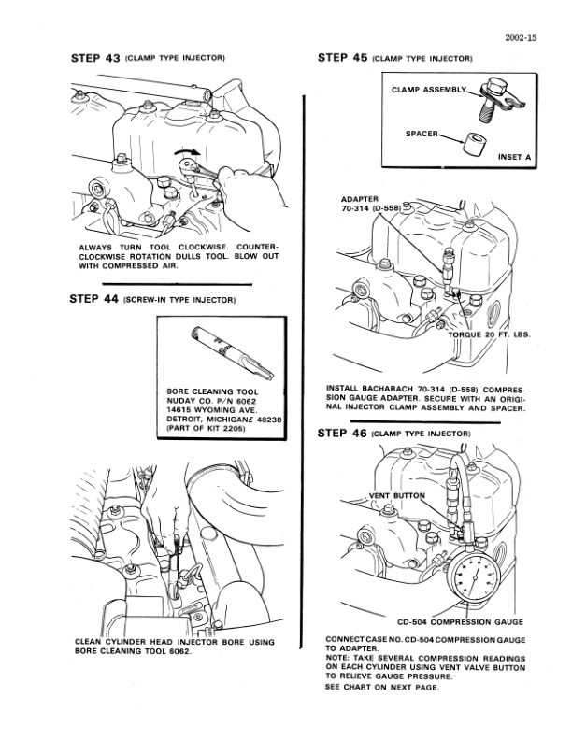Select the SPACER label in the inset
pyautogui.click(x=422, y=134)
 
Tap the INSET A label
pyautogui.click(x=515, y=157)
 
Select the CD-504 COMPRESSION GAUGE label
pyautogui.click(x=459, y=621)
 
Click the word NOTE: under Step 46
pyautogui.click(x=338, y=659)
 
